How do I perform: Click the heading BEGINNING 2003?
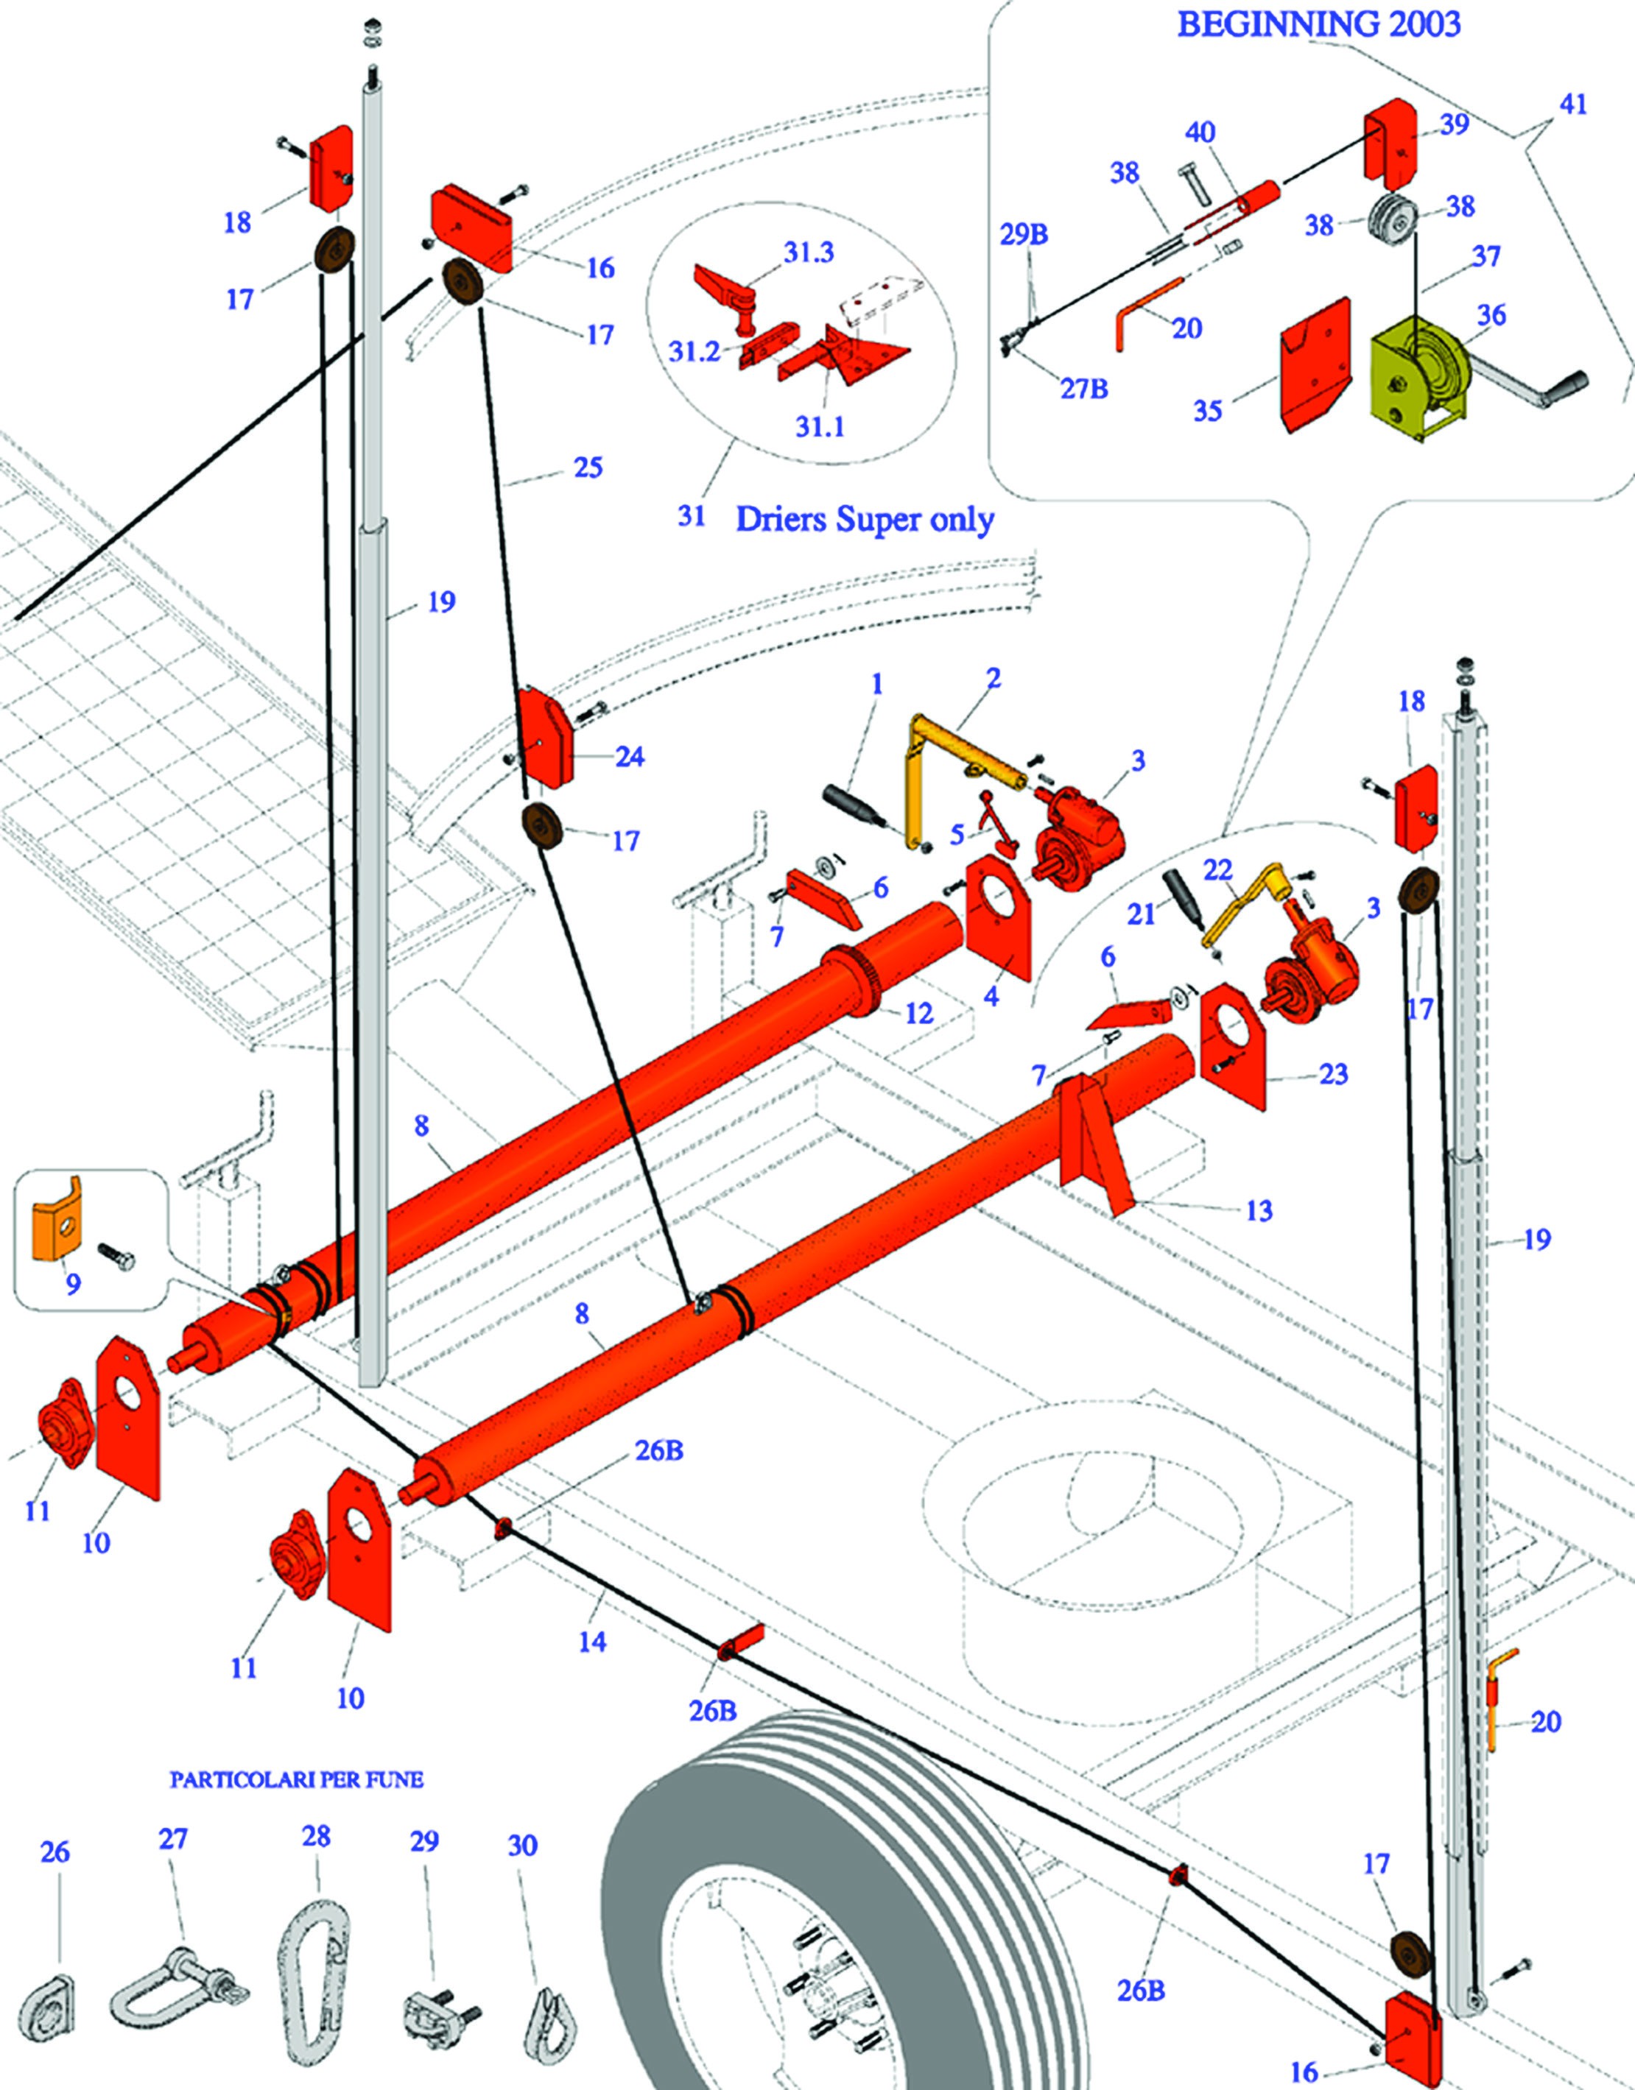[1318, 24]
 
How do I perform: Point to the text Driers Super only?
[865, 520]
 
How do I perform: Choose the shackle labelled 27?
[177, 1985]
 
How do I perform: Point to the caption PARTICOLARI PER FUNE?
[296, 1780]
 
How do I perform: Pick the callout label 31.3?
[808, 253]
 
